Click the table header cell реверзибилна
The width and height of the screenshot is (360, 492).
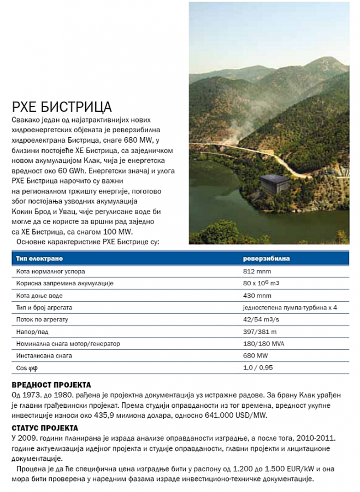[x=267, y=258]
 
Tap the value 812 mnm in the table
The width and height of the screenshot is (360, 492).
[x=257, y=271]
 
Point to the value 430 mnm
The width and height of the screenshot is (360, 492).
[x=257, y=296]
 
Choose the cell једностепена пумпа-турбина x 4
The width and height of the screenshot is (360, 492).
[x=290, y=308]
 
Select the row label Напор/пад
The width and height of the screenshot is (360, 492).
[x=33, y=332]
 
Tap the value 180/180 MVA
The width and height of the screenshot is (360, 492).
[x=264, y=344]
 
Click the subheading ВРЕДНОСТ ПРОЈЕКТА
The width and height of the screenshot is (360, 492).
[x=51, y=385]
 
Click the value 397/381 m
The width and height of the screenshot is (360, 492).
[x=260, y=332]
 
